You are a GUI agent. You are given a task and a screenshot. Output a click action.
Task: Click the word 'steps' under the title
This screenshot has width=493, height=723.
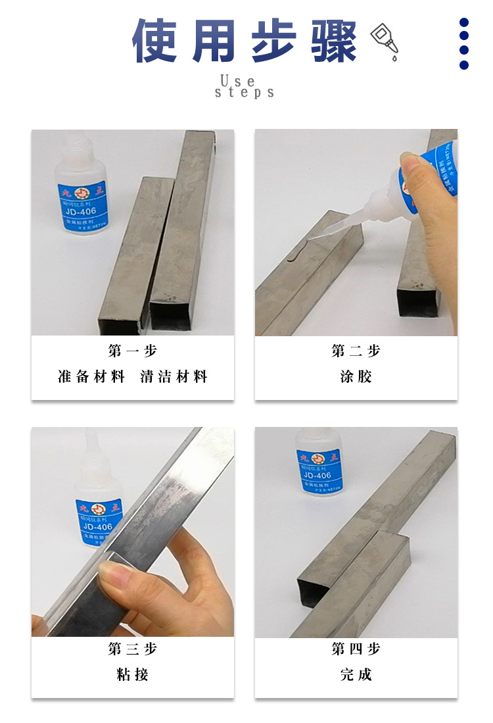(x=245, y=93)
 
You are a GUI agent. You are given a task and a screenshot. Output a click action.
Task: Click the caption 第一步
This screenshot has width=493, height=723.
(x=133, y=351)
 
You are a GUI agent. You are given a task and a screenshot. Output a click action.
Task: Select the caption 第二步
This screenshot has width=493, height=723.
(x=356, y=351)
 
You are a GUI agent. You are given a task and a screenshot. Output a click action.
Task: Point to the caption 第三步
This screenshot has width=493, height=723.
(x=133, y=649)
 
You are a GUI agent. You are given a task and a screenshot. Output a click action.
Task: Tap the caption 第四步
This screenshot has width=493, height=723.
(x=356, y=649)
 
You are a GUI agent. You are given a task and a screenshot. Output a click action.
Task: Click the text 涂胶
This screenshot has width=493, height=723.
(x=356, y=377)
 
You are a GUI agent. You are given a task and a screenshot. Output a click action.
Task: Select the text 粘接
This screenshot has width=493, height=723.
(x=133, y=675)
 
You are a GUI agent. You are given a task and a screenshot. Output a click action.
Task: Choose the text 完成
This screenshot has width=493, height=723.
(x=356, y=675)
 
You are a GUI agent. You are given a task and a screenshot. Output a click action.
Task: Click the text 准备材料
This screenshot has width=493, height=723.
(x=91, y=377)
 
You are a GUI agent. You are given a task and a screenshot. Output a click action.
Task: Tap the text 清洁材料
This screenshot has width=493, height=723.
(x=174, y=377)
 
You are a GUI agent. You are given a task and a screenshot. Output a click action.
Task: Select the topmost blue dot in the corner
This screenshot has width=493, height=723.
(x=464, y=22)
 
